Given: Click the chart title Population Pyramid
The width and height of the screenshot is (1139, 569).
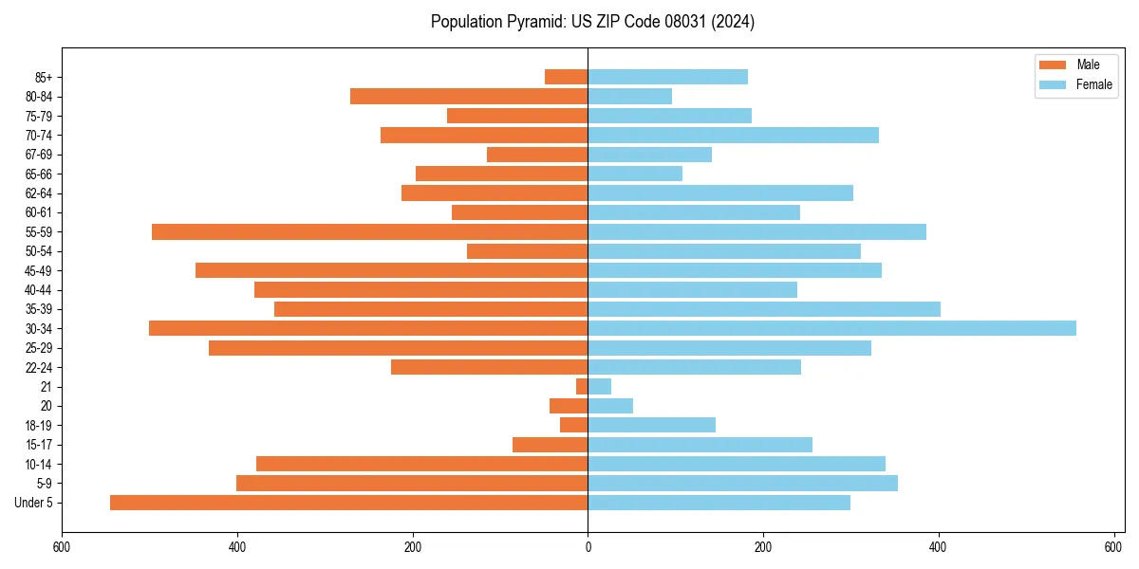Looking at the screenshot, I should [592, 22].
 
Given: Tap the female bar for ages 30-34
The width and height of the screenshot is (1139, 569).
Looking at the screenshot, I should [831, 328].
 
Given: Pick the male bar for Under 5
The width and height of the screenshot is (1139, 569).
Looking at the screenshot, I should [348, 503].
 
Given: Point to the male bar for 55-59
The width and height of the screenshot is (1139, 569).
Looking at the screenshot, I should [369, 231].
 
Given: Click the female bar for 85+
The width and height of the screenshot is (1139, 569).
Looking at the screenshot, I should [667, 77].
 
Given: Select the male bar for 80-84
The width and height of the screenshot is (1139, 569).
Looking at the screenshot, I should [469, 96].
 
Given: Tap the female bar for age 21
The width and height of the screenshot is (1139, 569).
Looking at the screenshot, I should [600, 386].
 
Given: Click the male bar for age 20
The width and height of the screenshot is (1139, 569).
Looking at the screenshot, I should [569, 406].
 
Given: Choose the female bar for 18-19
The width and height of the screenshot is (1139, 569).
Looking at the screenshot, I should [651, 425].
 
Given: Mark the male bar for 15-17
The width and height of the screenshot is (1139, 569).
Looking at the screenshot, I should [550, 445].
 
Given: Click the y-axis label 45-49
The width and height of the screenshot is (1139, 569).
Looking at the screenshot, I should [39, 270].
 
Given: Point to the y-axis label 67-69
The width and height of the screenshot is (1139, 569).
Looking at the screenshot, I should [39, 155].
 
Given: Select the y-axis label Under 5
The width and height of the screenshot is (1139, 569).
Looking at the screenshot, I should [33, 503].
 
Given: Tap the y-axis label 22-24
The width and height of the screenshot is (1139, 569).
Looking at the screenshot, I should [39, 367].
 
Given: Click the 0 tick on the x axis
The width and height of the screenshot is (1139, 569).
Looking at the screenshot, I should [588, 547].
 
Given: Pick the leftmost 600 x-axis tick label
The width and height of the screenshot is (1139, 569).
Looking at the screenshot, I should [62, 547].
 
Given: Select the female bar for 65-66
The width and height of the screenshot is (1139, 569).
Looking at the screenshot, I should [635, 174].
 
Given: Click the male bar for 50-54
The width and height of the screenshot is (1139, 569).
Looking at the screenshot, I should [527, 251].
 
